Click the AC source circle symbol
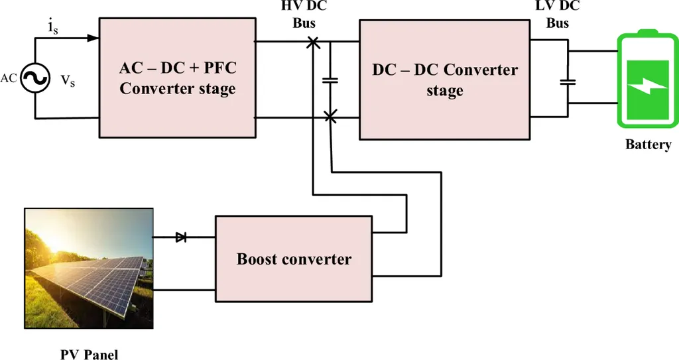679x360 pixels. [34, 79]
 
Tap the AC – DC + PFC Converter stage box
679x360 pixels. [177, 78]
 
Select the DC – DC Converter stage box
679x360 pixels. [444, 80]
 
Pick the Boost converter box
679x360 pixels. [293, 259]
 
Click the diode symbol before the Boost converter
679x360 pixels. [181, 237]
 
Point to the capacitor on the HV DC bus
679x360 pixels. [330, 80]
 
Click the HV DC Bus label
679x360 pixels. [304, 15]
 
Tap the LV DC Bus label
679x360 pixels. [558, 15]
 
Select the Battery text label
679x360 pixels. [648, 145]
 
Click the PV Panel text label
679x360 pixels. [89, 353]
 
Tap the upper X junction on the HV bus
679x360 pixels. [314, 43]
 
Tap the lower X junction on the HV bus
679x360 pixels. [330, 117]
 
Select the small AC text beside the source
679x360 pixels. [9, 78]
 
